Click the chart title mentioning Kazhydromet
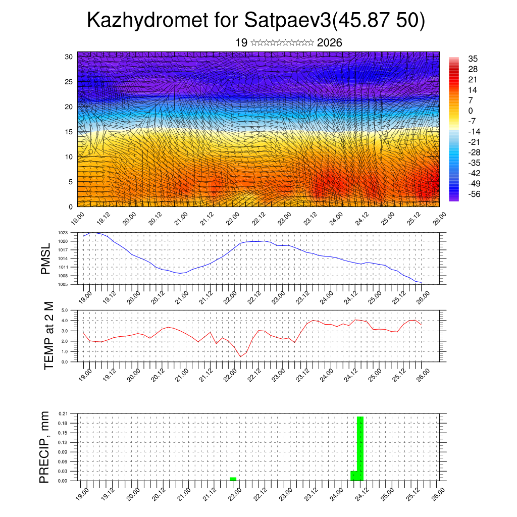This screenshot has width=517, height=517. point(256,21)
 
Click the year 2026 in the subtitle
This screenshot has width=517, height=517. point(330,43)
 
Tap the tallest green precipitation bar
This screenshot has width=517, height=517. point(360,448)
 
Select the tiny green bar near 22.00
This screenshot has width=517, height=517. point(233,479)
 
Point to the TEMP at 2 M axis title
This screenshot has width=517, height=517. point(48,336)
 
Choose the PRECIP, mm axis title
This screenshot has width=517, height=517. point(45,447)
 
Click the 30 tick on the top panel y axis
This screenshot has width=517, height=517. point(69,57)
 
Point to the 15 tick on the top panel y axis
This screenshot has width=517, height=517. point(69,132)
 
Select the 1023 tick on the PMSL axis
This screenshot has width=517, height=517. point(63,233)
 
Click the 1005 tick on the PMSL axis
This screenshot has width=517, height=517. point(63,284)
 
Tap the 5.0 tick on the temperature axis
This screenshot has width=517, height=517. point(65,311)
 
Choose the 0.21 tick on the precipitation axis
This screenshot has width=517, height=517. point(63,413)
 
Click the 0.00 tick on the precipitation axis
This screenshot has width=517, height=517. point(63,481)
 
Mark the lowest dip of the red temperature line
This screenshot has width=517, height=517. point(240,356)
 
